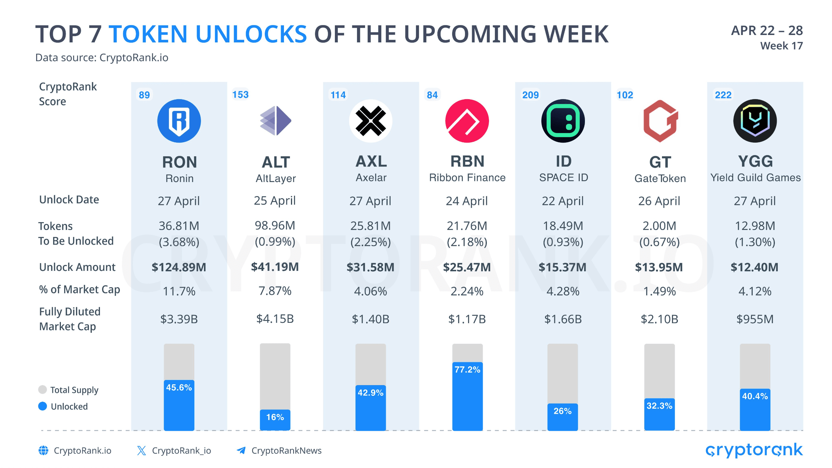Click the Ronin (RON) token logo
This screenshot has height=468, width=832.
pos(179,121)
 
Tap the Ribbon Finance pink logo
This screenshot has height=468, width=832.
pos(467,121)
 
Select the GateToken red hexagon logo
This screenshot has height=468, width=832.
pos(660,121)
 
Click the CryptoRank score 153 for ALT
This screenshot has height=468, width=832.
pos(240,95)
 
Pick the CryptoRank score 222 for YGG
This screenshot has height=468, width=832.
pos(723,95)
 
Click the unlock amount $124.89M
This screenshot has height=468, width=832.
pos(179,267)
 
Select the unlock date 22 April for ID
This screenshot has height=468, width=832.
pos(562,201)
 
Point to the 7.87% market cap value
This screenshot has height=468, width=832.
pos(275,291)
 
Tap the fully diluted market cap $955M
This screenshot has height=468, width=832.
pos(755,319)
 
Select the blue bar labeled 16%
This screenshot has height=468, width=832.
pos(275,420)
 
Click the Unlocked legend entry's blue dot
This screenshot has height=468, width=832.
pos(43,406)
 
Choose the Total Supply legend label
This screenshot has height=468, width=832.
pos(74,390)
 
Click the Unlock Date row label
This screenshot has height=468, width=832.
pos(69,200)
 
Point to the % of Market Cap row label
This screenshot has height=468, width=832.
pos(79,290)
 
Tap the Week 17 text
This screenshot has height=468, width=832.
pos(781,46)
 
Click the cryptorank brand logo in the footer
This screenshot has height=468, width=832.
pos(754,450)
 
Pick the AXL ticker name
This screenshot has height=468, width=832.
pos(371,161)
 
